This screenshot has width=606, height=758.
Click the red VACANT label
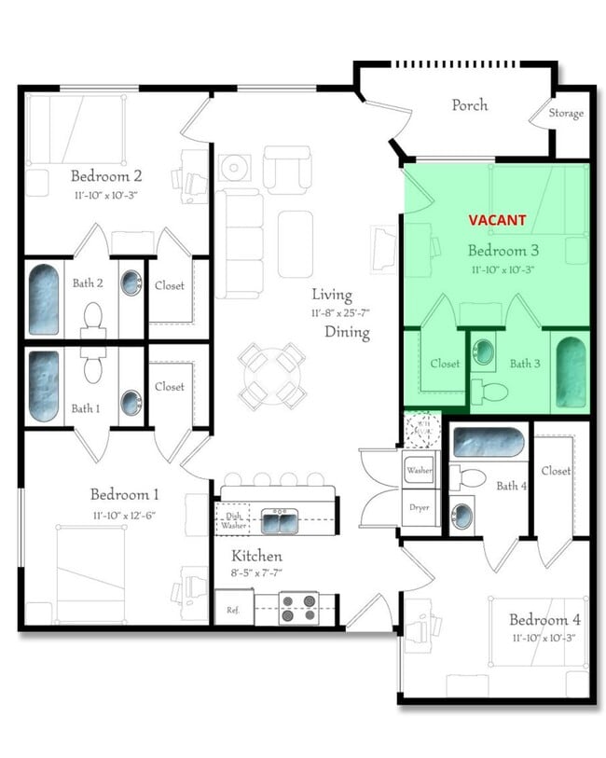[497, 220]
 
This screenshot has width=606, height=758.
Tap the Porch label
[469, 104]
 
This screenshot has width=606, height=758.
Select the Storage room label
[566, 114]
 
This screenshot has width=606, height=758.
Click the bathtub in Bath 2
[43, 299]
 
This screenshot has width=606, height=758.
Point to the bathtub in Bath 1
[43, 385]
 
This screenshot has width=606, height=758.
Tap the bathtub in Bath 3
[570, 371]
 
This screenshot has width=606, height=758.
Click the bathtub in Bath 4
[489, 441]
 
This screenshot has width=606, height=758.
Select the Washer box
[419, 471]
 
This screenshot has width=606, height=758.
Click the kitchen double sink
[279, 521]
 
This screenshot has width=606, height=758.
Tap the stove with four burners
[298, 607]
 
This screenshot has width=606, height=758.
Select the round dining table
[271, 374]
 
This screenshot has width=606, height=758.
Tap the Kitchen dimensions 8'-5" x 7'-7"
[256, 573]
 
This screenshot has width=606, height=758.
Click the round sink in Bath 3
[483, 353]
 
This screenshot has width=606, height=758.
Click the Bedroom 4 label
[538, 620]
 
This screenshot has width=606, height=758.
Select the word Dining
[347, 332]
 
